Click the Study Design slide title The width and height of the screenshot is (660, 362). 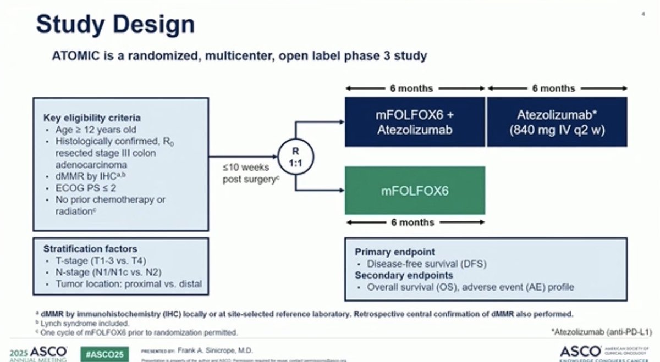[x=116, y=24]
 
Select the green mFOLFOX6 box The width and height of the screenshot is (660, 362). [x=415, y=190]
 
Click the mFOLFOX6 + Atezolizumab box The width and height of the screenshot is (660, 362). [x=415, y=122]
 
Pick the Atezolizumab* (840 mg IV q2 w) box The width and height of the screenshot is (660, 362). [x=557, y=122]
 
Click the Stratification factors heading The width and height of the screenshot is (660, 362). [x=91, y=249]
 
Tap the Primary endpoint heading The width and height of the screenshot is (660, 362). [x=395, y=252]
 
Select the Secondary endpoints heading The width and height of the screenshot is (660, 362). [x=404, y=275]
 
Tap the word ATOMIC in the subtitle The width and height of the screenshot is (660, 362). [x=71, y=56]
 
